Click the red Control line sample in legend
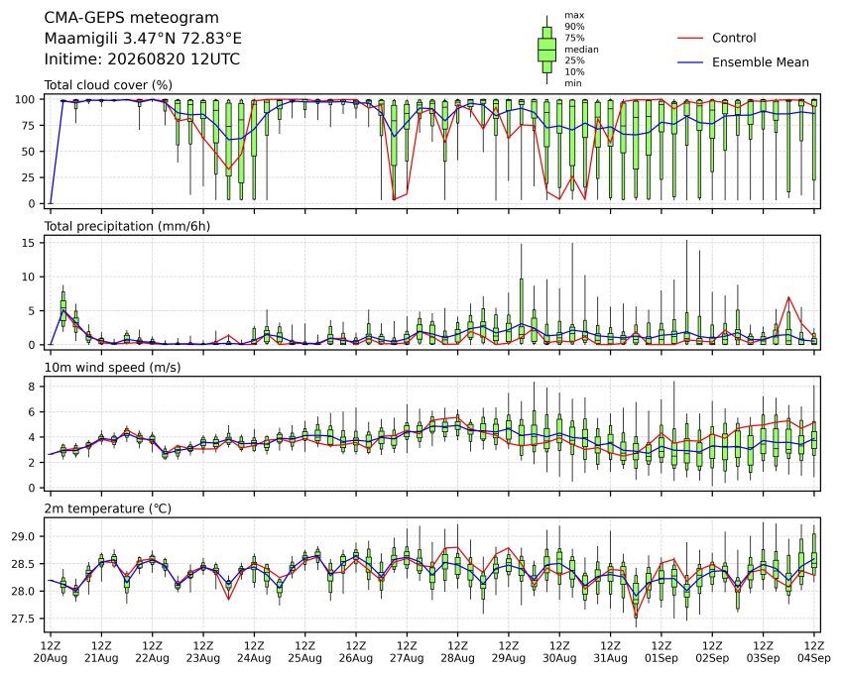(690, 38)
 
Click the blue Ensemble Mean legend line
(690, 62)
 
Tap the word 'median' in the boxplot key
(581, 50)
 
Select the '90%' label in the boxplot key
(574, 27)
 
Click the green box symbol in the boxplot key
(547, 50)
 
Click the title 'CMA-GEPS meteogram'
(132, 18)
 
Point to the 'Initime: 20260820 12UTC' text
(142, 59)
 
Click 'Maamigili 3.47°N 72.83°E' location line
(143, 39)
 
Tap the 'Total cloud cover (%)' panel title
(108, 85)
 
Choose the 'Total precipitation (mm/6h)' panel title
(127, 226)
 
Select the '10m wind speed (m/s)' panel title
(112, 368)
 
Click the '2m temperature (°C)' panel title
(107, 508)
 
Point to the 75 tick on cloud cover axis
(29, 126)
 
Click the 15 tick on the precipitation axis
(29, 243)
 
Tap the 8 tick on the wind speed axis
(32, 387)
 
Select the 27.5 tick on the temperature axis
(23, 619)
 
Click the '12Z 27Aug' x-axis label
(407, 652)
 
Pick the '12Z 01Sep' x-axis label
(662, 652)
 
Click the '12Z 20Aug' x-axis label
(51, 652)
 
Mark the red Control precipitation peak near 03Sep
(788, 296)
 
